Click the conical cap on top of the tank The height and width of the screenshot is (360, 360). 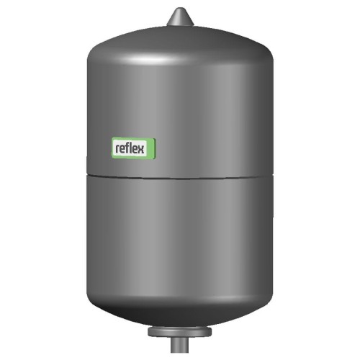180,17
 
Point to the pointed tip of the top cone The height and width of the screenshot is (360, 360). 180,8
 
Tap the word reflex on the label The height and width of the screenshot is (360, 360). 130,148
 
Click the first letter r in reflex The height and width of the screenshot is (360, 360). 117,149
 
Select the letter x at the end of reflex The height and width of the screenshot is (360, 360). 141,150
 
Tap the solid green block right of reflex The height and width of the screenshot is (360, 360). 150,148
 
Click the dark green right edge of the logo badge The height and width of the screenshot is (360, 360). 155,149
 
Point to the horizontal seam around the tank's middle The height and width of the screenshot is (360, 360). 180,177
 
